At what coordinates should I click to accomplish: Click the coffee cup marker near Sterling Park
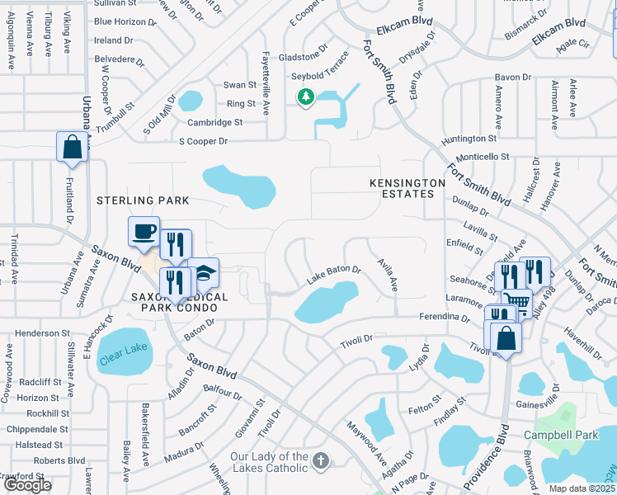144,231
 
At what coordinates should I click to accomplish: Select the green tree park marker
306,97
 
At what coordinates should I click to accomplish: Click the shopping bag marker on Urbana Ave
72,146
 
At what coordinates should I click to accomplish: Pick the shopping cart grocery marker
516,303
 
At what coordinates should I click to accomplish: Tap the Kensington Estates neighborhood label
402,187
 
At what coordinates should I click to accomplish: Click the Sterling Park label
143,200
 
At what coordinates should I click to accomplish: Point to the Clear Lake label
123,348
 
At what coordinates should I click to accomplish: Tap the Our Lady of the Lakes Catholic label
269,462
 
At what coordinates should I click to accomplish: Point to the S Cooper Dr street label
204,141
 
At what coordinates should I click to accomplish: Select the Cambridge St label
214,122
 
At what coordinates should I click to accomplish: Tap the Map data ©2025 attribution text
582,488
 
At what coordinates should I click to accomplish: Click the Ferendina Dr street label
442,317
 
